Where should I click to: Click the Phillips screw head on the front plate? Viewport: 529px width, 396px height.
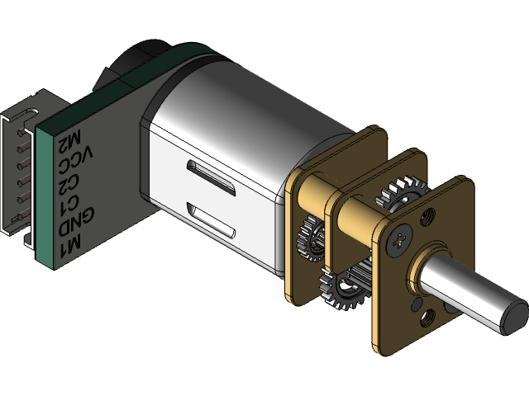(398, 239)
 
